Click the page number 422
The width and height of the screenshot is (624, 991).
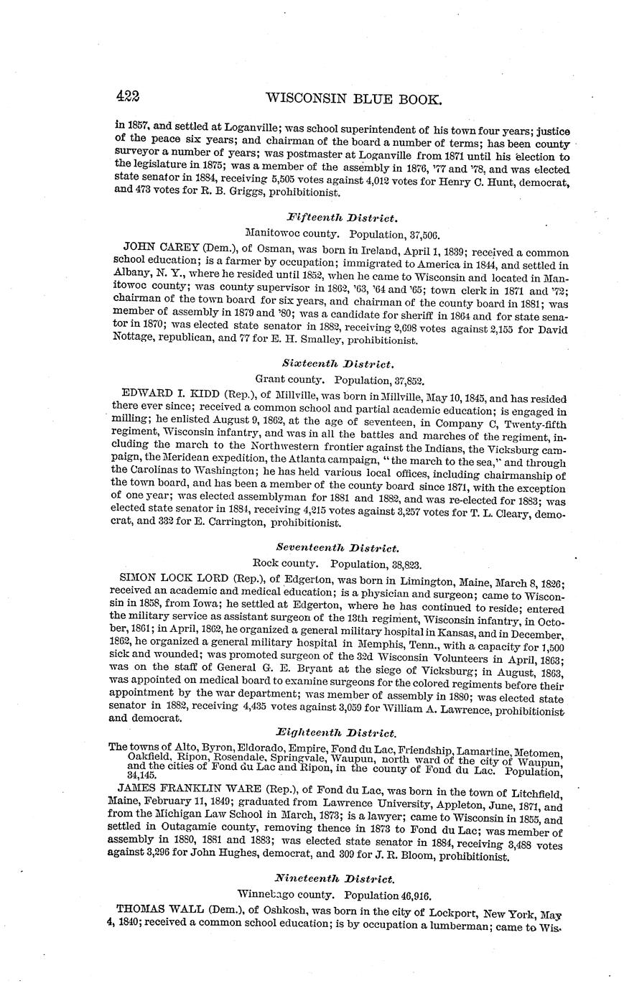(134, 97)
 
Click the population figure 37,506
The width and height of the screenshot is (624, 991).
(421, 234)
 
